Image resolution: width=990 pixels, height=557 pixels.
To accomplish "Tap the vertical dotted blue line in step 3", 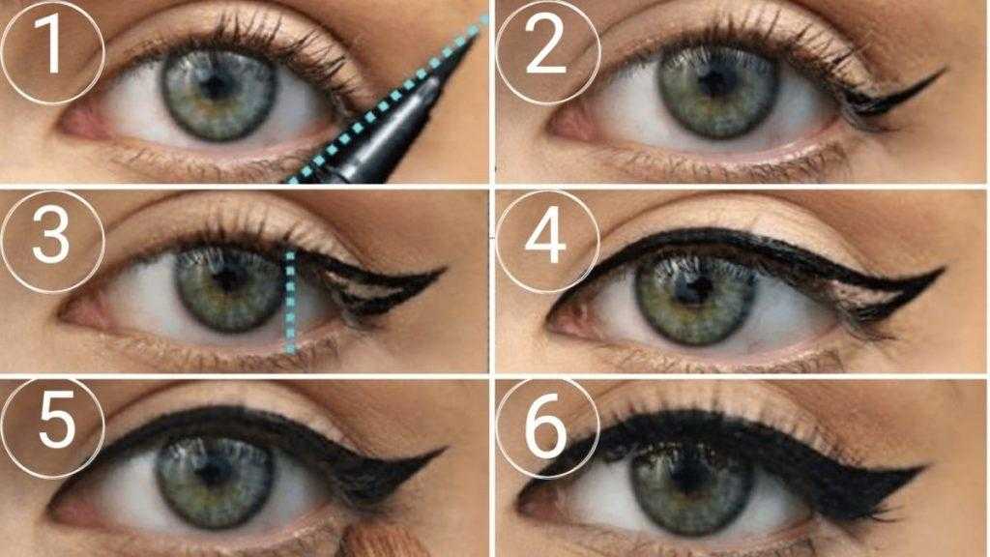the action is coord(290,302).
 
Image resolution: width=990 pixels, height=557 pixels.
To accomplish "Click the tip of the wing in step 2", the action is coord(945,70).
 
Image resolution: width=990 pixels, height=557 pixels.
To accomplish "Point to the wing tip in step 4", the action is coord(944,270).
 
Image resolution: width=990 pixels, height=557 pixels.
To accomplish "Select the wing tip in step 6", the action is coord(924,468).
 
